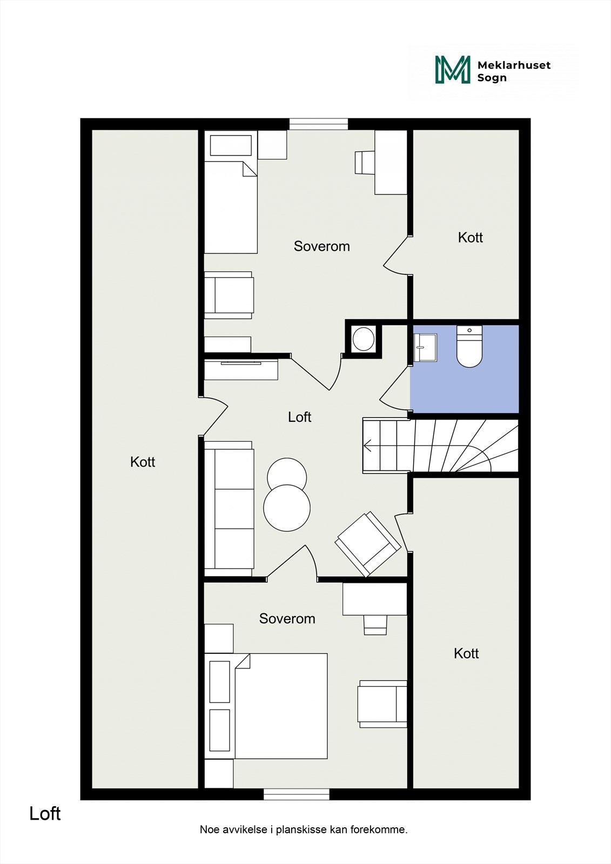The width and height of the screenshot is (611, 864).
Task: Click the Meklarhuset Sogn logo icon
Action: (453, 70)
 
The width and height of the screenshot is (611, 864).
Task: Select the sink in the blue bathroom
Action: (425, 347)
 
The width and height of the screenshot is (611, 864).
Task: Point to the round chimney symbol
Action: (363, 339)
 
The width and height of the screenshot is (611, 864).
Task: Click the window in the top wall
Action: (318, 124)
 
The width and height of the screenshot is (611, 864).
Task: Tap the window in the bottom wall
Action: (296, 794)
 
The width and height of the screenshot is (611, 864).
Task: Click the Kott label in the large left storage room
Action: (143, 462)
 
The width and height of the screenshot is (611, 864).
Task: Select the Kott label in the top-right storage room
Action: (470, 238)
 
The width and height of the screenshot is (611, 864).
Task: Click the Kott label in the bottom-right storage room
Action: (466, 653)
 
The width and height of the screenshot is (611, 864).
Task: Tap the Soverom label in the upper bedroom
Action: (321, 246)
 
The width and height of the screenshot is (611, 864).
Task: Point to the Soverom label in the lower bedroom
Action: (287, 619)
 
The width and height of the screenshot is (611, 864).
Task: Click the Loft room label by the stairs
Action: (299, 417)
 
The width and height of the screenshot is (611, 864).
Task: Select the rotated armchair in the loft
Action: (368, 544)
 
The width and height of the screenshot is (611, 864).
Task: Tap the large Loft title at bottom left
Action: (45, 814)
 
